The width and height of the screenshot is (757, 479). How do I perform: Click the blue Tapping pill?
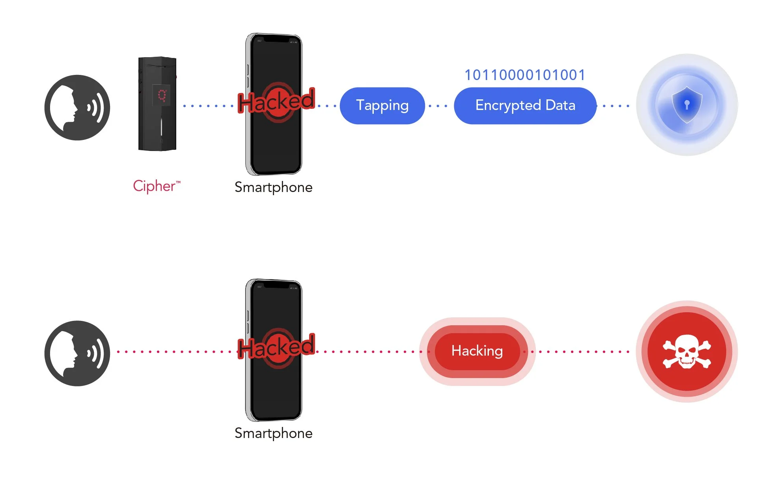[382, 106]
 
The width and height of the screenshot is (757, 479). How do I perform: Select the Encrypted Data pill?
[525, 106]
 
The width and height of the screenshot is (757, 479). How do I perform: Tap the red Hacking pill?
[477, 351]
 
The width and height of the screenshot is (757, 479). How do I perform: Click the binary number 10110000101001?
[525, 75]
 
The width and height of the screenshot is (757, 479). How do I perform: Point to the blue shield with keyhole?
[687, 105]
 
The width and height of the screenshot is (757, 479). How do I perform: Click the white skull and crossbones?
[687, 351]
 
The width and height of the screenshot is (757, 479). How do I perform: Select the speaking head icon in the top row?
[77, 108]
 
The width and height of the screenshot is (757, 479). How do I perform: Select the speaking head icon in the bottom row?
[77, 353]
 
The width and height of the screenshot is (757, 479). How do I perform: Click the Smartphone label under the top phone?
[273, 187]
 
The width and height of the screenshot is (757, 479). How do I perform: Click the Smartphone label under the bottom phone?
[273, 433]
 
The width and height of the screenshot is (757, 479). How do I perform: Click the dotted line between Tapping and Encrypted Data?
[438, 106]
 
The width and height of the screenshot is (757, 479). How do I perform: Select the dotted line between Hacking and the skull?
[580, 352]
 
